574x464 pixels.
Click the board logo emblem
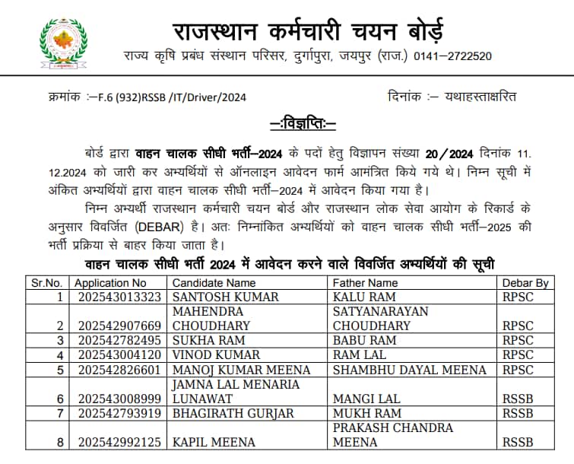[62, 43]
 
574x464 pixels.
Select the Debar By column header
[525, 283]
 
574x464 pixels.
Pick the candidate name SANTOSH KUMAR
[226, 297]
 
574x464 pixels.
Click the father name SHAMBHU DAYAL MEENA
[410, 370]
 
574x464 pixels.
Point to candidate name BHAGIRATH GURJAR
[231, 413]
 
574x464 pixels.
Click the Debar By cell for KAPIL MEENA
[518, 442]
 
